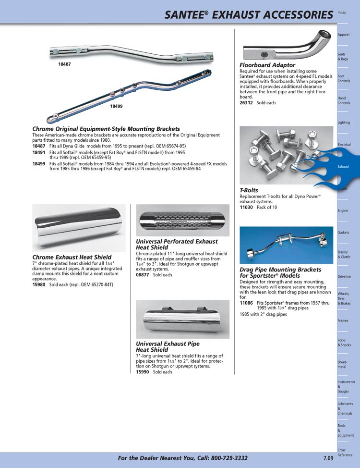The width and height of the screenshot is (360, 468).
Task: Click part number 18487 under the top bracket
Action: tap(64, 64)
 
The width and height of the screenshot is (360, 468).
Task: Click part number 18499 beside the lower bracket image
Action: tap(116, 106)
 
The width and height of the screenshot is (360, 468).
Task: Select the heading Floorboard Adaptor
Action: tap(267, 65)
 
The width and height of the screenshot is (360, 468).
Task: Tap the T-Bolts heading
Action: tap(249, 190)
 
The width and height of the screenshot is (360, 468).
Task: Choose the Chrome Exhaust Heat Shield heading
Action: tap(72, 257)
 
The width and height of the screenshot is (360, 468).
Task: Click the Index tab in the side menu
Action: tap(342, 12)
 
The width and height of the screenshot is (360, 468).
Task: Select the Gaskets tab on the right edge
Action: tap(343, 233)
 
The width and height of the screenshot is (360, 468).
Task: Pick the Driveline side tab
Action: tap(344, 277)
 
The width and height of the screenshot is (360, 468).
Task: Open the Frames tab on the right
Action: tap(343, 320)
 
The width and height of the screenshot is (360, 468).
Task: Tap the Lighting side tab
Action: tap(344, 123)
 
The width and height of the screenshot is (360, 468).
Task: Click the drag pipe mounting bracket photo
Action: tap(286, 245)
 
